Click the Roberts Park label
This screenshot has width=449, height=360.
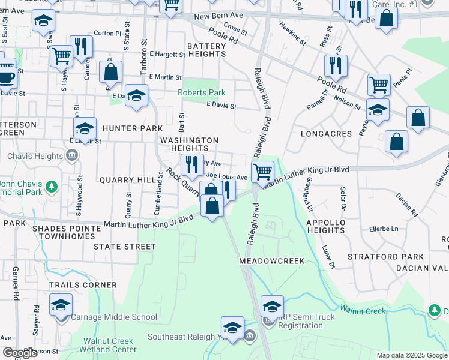[201, 93]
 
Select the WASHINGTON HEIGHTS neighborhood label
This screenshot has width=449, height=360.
[188, 144]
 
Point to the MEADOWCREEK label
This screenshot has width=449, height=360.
[271, 261]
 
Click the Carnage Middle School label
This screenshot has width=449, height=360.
[114, 317]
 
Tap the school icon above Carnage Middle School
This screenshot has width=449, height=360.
[61, 305]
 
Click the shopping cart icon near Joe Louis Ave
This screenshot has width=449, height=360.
[262, 172]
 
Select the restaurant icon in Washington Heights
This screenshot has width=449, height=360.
[192, 164]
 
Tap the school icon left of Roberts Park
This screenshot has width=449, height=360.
[136, 95]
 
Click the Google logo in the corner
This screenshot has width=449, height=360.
[19, 353]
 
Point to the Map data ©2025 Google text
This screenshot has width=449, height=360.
[412, 355]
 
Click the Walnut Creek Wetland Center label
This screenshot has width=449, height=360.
[110, 345]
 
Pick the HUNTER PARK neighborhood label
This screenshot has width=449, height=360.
[132, 128]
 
